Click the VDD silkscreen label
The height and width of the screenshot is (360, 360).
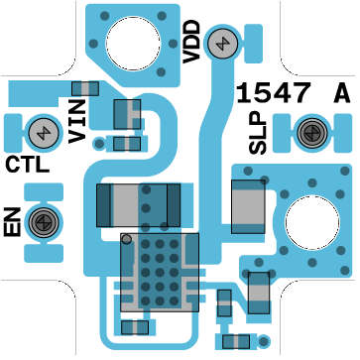point(191,42)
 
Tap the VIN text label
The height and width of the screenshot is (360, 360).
point(77,122)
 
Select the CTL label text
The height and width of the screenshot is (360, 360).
point(28,165)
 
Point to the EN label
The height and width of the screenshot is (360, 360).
point(12,222)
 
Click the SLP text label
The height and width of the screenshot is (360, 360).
point(258,133)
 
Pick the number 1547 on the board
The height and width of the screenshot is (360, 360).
point(274,93)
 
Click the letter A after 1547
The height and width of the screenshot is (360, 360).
point(342,93)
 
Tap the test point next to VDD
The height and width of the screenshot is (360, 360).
point(223,43)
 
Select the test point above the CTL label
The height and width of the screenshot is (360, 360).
point(44,133)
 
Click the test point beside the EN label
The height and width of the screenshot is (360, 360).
point(44,222)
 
